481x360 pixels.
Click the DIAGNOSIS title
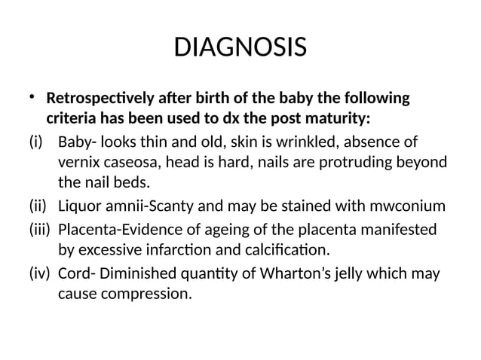(240, 49)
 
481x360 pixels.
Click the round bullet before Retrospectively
(32, 97)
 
